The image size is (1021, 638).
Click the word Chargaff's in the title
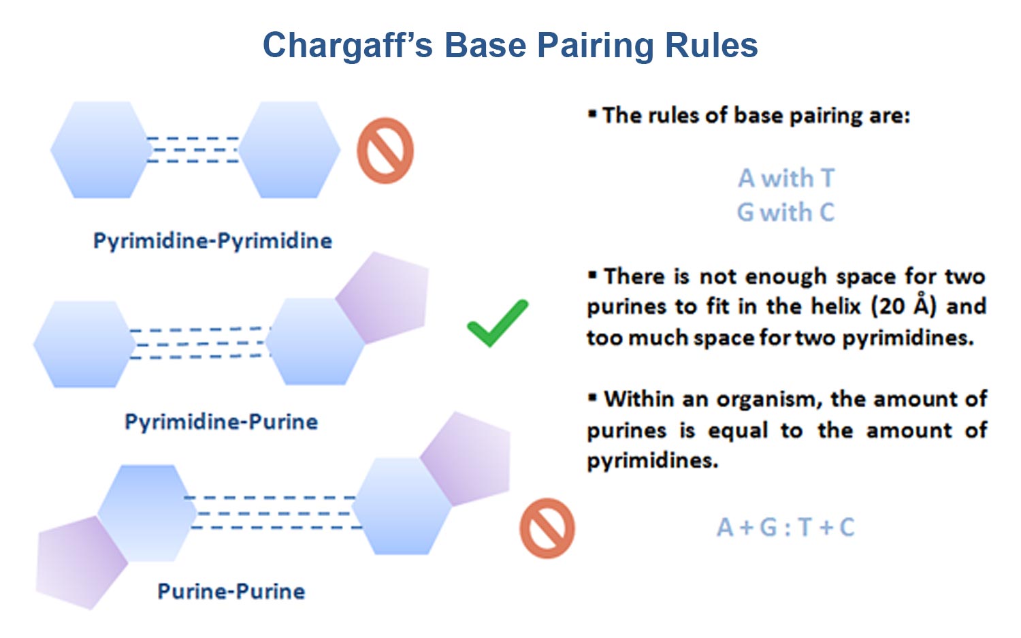point(347,46)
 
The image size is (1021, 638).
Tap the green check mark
point(498,323)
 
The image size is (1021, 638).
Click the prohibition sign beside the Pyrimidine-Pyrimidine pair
point(385,150)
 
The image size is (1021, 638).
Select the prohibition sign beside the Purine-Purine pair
point(547,528)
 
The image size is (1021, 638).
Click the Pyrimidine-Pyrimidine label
point(212,240)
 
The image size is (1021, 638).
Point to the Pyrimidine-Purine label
point(221,421)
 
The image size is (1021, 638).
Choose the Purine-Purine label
point(231,591)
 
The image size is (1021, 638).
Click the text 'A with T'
point(786,178)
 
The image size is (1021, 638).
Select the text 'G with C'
point(786,212)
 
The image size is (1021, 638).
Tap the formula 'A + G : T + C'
point(785,527)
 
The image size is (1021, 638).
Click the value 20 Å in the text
point(903,306)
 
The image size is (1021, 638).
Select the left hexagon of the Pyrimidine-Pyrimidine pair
point(101,150)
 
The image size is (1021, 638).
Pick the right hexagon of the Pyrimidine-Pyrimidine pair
point(289,150)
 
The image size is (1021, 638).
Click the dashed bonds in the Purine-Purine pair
point(274,513)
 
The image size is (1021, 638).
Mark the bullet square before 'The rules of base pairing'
point(592,114)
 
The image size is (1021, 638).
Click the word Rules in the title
point(711,46)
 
